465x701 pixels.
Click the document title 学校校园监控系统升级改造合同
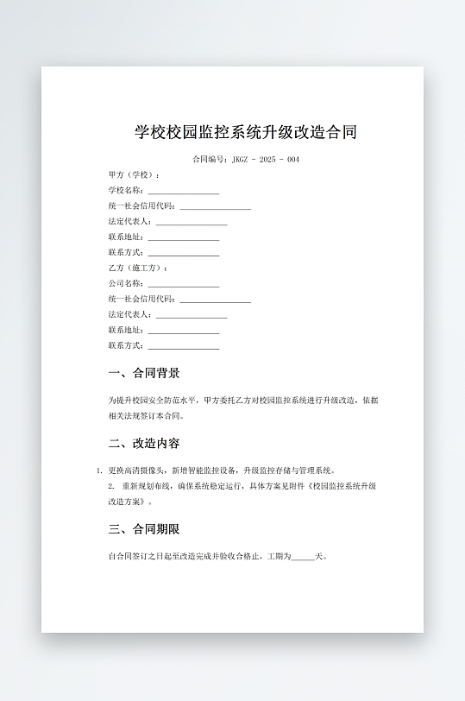[246, 132]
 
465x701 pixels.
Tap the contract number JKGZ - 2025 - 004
[266, 160]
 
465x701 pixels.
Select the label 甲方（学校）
[134, 175]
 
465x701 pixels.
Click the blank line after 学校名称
[183, 191]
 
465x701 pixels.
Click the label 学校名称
[126, 191]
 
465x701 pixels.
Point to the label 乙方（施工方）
[137, 268]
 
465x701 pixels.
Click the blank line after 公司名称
[183, 284]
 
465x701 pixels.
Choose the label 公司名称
[126, 284]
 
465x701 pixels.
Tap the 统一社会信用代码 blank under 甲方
[215, 206]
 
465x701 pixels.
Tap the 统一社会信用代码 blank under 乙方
[215, 300]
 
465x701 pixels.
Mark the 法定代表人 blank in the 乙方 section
[192, 315]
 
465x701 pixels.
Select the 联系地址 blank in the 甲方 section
[183, 237]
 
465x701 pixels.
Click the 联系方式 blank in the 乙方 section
[183, 346]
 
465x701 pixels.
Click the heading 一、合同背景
[144, 374]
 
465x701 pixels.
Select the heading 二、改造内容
[144, 444]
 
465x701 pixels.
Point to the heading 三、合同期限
[144, 529]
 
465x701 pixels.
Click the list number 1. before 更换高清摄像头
[99, 471]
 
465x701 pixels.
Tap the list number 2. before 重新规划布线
[111, 487]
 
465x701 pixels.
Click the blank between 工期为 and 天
[304, 557]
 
